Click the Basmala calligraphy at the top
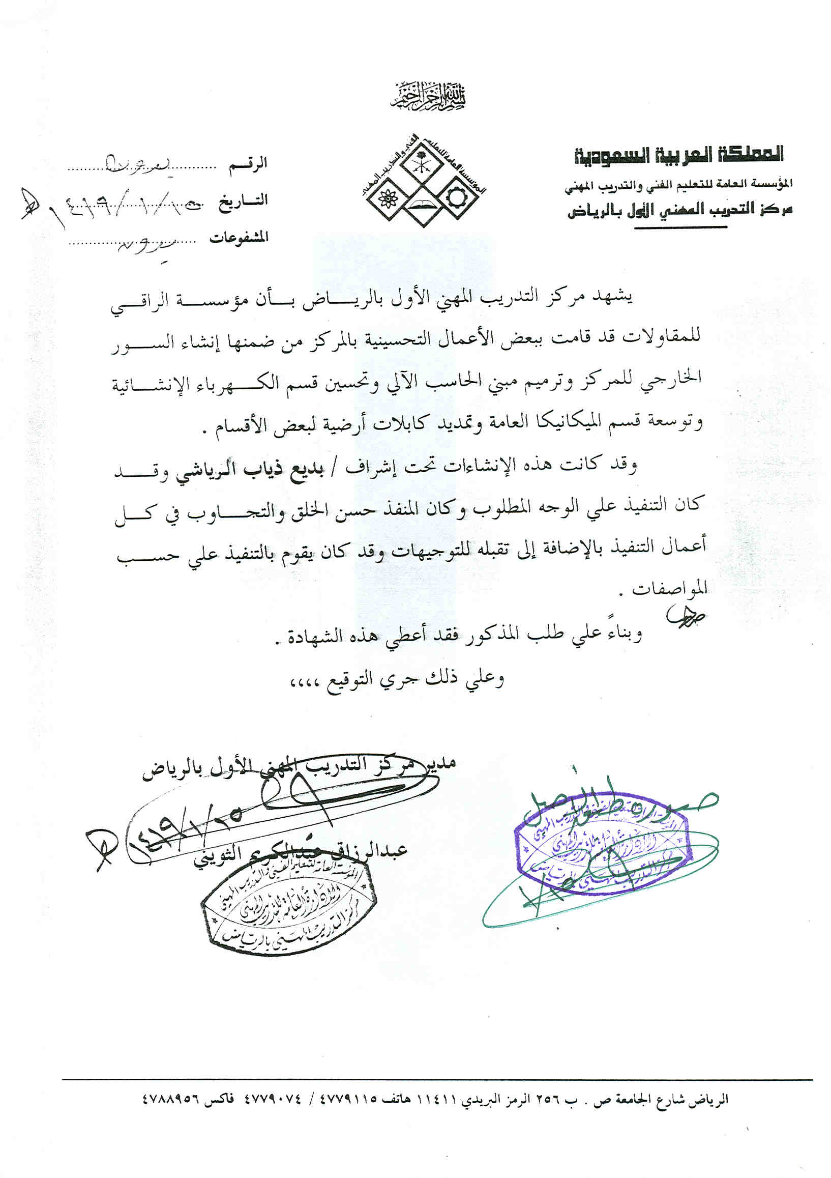click(428, 95)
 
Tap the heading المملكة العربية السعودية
click(679, 154)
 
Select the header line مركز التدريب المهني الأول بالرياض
click(680, 211)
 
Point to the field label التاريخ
click(244, 200)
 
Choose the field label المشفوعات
click(239, 238)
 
